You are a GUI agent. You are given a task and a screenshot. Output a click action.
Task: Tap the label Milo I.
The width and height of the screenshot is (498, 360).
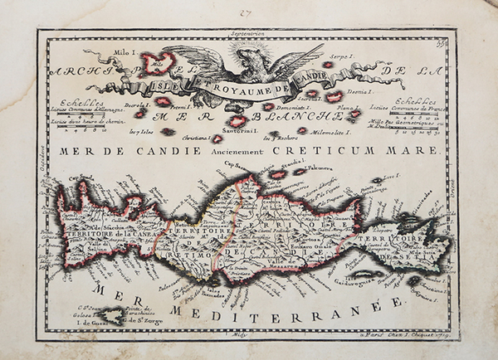(x=99, y=51)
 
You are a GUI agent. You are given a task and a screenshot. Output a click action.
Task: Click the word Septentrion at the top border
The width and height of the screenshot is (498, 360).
(x=249, y=35)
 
